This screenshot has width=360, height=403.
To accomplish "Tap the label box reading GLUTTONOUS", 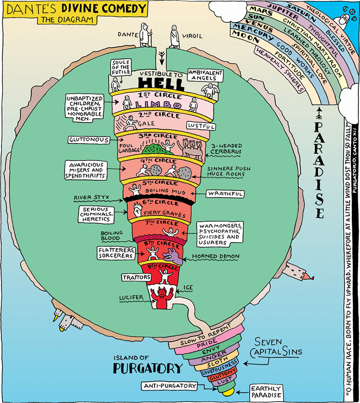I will [x=89, y=139].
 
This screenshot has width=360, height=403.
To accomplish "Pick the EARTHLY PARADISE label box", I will [x=265, y=392].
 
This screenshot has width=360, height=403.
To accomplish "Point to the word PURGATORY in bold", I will [x=147, y=368].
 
